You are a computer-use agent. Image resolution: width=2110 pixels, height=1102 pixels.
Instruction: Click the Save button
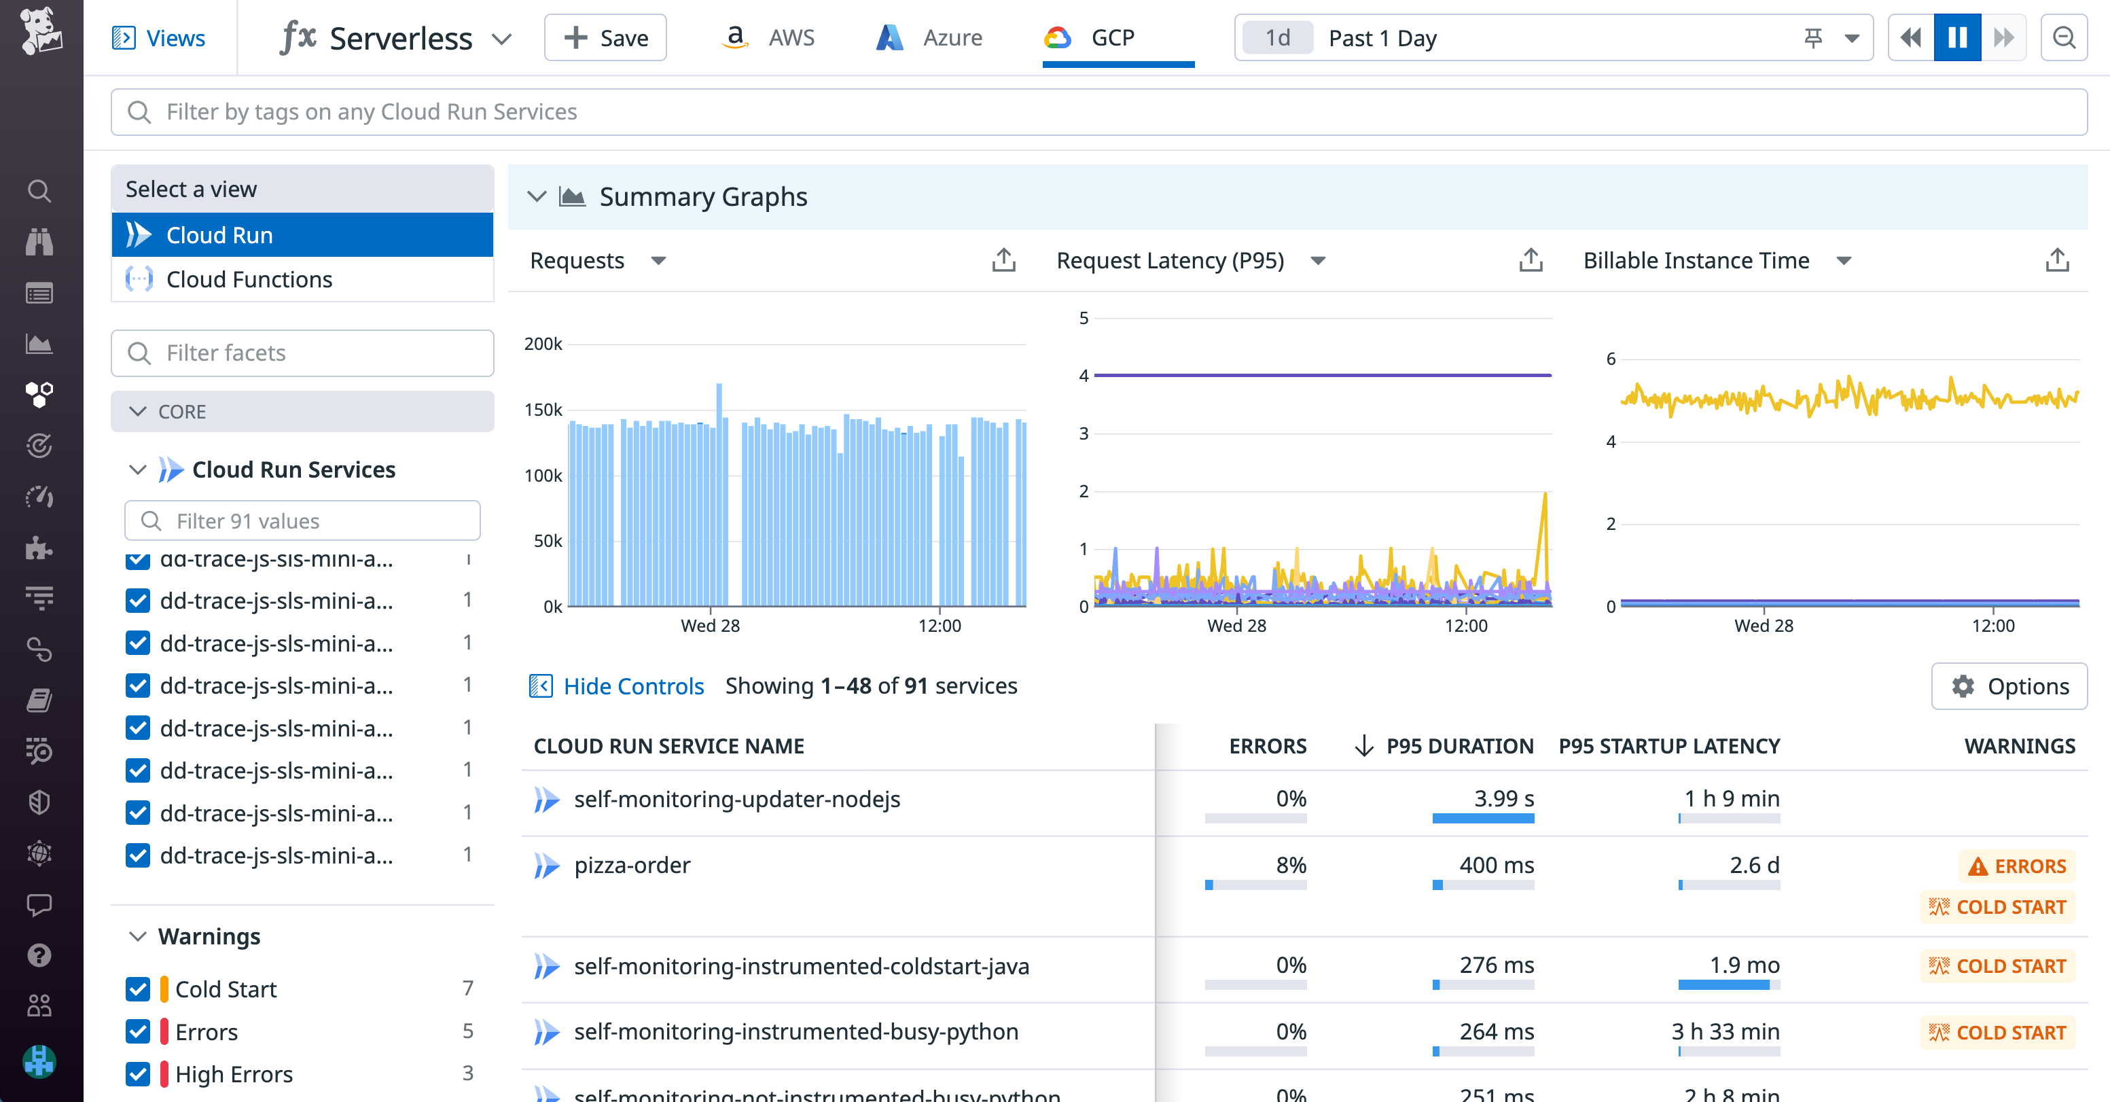pos(605,37)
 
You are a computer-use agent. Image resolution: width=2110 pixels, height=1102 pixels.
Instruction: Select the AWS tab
pos(768,37)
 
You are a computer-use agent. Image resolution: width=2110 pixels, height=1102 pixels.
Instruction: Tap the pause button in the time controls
pos(1957,37)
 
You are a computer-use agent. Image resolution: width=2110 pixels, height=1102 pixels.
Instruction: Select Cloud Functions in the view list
pos(249,279)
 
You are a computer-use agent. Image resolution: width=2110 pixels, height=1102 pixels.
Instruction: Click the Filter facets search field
pos(302,353)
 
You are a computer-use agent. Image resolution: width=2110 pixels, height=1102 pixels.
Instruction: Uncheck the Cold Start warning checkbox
pos(138,989)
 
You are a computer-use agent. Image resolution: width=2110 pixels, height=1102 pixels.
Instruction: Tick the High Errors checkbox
pos(138,1073)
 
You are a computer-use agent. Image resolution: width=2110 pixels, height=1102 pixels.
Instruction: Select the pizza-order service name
pos(632,865)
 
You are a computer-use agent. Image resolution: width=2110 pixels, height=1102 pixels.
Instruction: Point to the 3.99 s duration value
pos(1504,798)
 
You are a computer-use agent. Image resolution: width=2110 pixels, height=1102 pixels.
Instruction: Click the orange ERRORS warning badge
pos(2018,866)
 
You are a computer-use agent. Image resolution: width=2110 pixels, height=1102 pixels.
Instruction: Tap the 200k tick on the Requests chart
pos(543,344)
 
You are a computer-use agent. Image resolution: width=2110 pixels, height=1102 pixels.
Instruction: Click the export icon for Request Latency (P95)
pos(1530,260)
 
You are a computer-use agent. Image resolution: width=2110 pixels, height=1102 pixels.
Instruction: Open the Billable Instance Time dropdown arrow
pos(1844,260)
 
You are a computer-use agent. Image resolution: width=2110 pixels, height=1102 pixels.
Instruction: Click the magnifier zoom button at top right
pos(2063,37)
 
